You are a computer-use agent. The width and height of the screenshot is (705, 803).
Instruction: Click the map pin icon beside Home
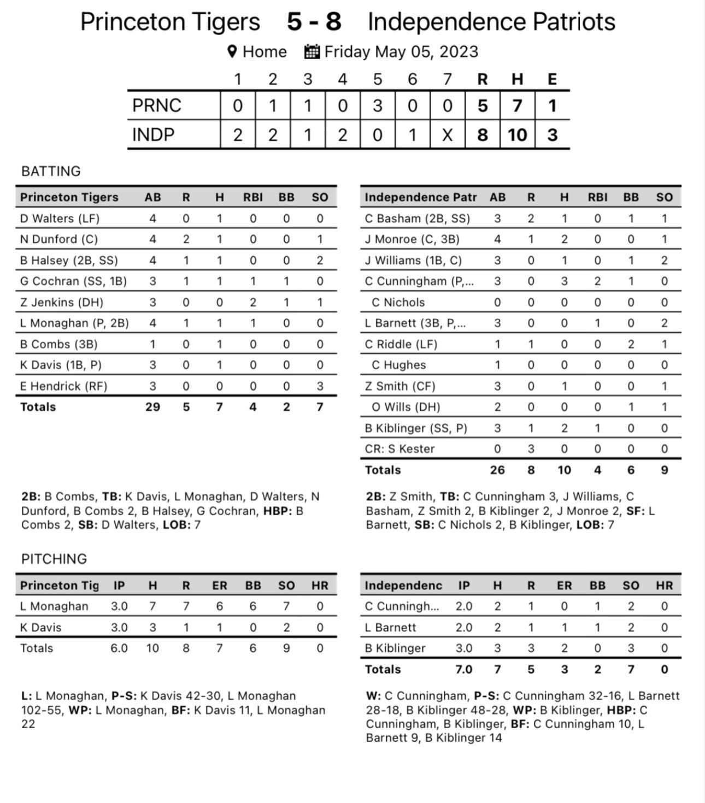(232, 51)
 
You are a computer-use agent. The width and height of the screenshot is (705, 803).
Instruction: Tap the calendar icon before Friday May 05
(312, 51)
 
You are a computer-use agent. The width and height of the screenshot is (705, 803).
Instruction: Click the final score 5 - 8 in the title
(314, 22)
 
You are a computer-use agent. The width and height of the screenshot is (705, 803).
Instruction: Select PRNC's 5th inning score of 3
(378, 105)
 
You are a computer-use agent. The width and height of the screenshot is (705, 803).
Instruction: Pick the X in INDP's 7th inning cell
(448, 134)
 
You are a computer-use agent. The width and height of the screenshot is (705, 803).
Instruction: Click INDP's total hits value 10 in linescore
(518, 134)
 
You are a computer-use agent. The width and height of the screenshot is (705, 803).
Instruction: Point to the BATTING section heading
(51, 171)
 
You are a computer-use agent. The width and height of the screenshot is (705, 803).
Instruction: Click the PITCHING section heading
(54, 559)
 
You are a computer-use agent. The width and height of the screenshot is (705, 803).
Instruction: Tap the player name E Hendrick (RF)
(64, 386)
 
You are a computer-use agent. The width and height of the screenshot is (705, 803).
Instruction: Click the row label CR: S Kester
(400, 448)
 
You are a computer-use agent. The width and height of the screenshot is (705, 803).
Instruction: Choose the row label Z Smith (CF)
(400, 386)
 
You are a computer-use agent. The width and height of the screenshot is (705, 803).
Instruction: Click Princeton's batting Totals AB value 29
(152, 406)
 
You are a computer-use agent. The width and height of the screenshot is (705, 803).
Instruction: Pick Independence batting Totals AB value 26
(497, 470)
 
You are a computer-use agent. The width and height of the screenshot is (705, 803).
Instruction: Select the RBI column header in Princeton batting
(253, 197)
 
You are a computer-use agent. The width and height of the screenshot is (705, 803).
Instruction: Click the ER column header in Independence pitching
(564, 585)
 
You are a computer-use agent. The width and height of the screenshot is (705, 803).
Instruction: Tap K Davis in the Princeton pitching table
(41, 627)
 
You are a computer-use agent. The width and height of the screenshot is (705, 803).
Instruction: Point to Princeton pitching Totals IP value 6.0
(119, 648)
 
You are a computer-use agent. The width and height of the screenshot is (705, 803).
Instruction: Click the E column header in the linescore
(552, 79)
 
